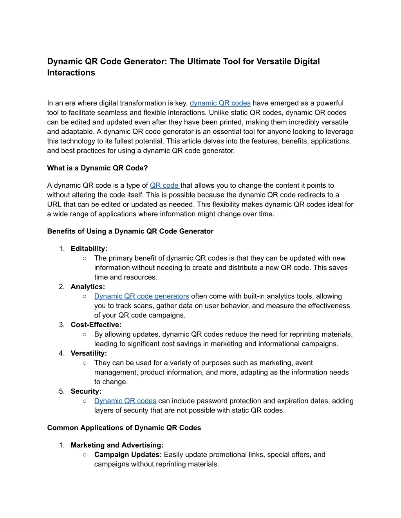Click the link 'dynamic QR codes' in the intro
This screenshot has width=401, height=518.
pyautogui.click(x=220, y=103)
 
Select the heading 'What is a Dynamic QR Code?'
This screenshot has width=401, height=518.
pyautogui.click(x=98, y=168)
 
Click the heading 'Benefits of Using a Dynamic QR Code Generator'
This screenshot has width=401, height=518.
pyautogui.click(x=130, y=231)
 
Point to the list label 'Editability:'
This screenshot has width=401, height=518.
pyautogui.click(x=89, y=249)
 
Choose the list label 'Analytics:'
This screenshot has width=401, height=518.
pyautogui.click(x=88, y=287)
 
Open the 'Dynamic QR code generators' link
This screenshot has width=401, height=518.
pyautogui.click(x=141, y=296)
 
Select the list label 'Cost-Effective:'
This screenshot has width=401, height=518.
pyautogui.click(x=96, y=325)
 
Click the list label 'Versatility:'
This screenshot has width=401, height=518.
pyautogui.click(x=89, y=353)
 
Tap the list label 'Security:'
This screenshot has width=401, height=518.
pyautogui.click(x=86, y=391)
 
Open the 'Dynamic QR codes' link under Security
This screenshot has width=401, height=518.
pyautogui.click(x=125, y=401)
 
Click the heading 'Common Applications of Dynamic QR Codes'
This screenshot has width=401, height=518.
pyautogui.click(x=124, y=428)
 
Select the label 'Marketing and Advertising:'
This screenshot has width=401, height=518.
pyautogui.click(x=117, y=445)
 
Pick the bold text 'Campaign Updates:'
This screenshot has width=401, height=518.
pyautogui.click(x=128, y=455)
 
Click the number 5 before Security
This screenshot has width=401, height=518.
pyautogui.click(x=61, y=391)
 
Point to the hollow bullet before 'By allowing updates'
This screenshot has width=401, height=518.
pyautogui.click(x=85, y=334)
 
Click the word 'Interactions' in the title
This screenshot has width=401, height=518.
pyautogui.click(x=71, y=73)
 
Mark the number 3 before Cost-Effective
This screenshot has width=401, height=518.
pyautogui.click(x=61, y=325)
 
